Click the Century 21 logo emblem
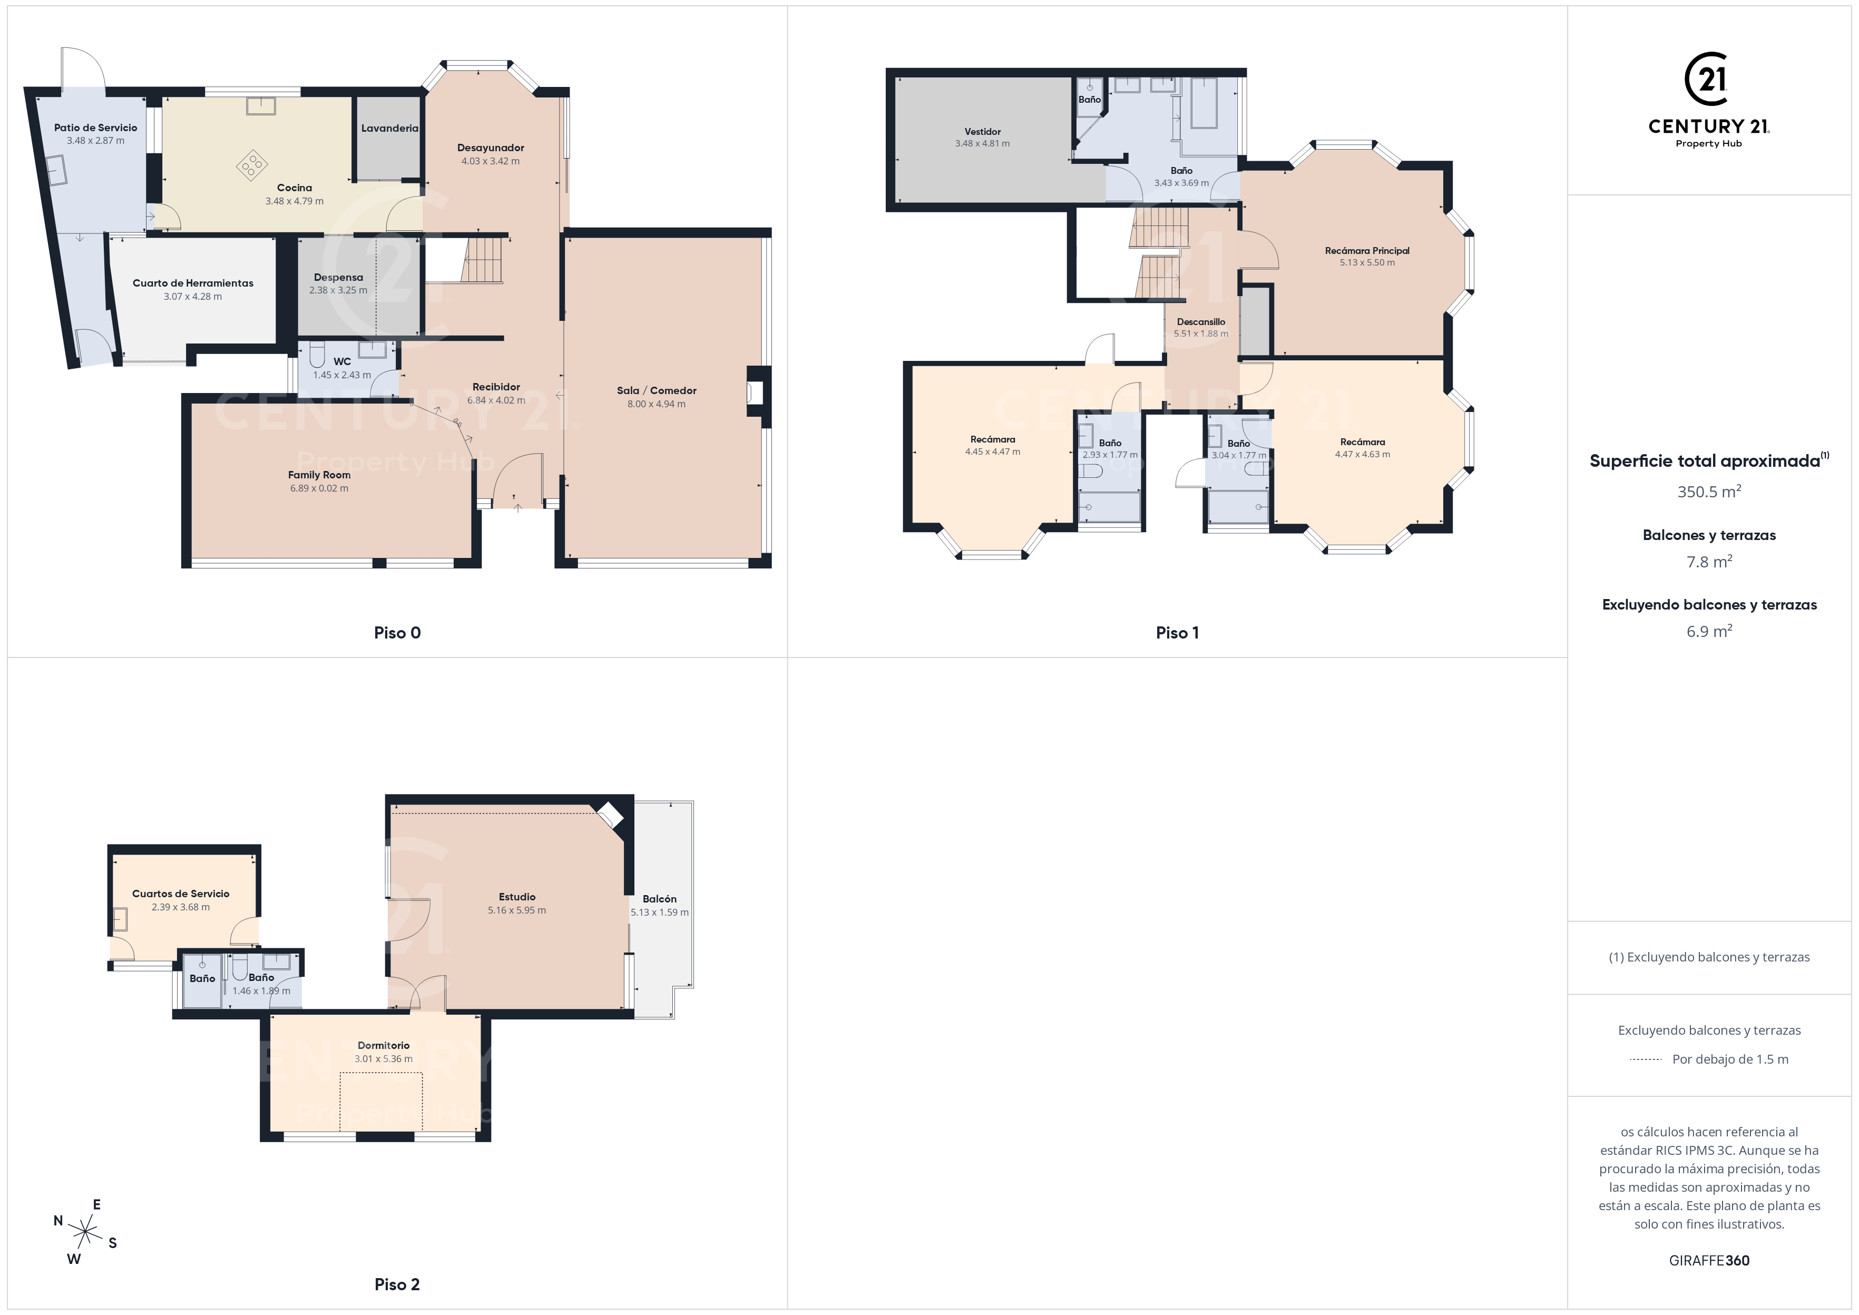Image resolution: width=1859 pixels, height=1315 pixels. click(x=1708, y=80)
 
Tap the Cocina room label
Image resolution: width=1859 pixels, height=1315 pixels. click(x=295, y=188)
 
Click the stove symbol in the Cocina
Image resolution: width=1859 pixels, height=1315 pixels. click(x=252, y=165)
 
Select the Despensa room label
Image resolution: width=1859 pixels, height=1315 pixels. click(x=338, y=277)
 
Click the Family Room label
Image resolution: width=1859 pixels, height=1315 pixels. click(x=319, y=475)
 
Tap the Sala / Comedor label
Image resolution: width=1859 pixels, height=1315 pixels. click(x=657, y=390)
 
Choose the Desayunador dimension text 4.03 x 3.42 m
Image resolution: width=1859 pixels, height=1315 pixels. click(x=491, y=161)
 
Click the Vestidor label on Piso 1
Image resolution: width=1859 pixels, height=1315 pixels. click(x=982, y=131)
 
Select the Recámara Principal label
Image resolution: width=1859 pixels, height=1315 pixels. click(x=1367, y=250)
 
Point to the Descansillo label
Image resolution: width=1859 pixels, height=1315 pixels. click(x=1201, y=321)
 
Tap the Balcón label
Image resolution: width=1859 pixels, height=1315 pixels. click(x=659, y=899)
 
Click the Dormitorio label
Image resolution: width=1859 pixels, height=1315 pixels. click(x=384, y=1045)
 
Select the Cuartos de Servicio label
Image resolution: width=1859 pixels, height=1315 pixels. click(x=181, y=894)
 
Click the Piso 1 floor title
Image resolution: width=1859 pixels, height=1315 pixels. click(x=1177, y=633)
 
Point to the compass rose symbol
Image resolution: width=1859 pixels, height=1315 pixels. click(x=85, y=1232)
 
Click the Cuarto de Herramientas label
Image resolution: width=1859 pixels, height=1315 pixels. click(x=193, y=283)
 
